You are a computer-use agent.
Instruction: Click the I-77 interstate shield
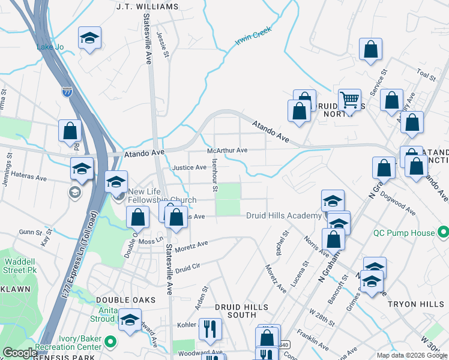click(x=67, y=92)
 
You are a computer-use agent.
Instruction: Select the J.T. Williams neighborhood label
click(x=148, y=7)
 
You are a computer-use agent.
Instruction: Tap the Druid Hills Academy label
click(x=284, y=215)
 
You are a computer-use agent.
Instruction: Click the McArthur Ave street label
click(x=228, y=151)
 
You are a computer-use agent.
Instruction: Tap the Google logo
click(x=20, y=353)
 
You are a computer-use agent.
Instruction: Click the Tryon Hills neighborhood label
click(x=414, y=304)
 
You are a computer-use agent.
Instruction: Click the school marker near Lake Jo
click(x=89, y=39)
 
